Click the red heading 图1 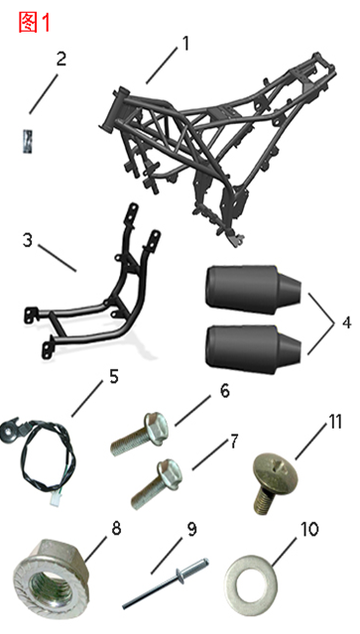(x=37, y=22)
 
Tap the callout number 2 (x=61, y=59)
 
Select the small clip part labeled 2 (x=30, y=137)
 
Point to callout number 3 (x=28, y=240)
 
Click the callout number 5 (x=114, y=376)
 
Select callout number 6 (x=225, y=391)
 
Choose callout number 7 (x=235, y=440)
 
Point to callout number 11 (x=335, y=422)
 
